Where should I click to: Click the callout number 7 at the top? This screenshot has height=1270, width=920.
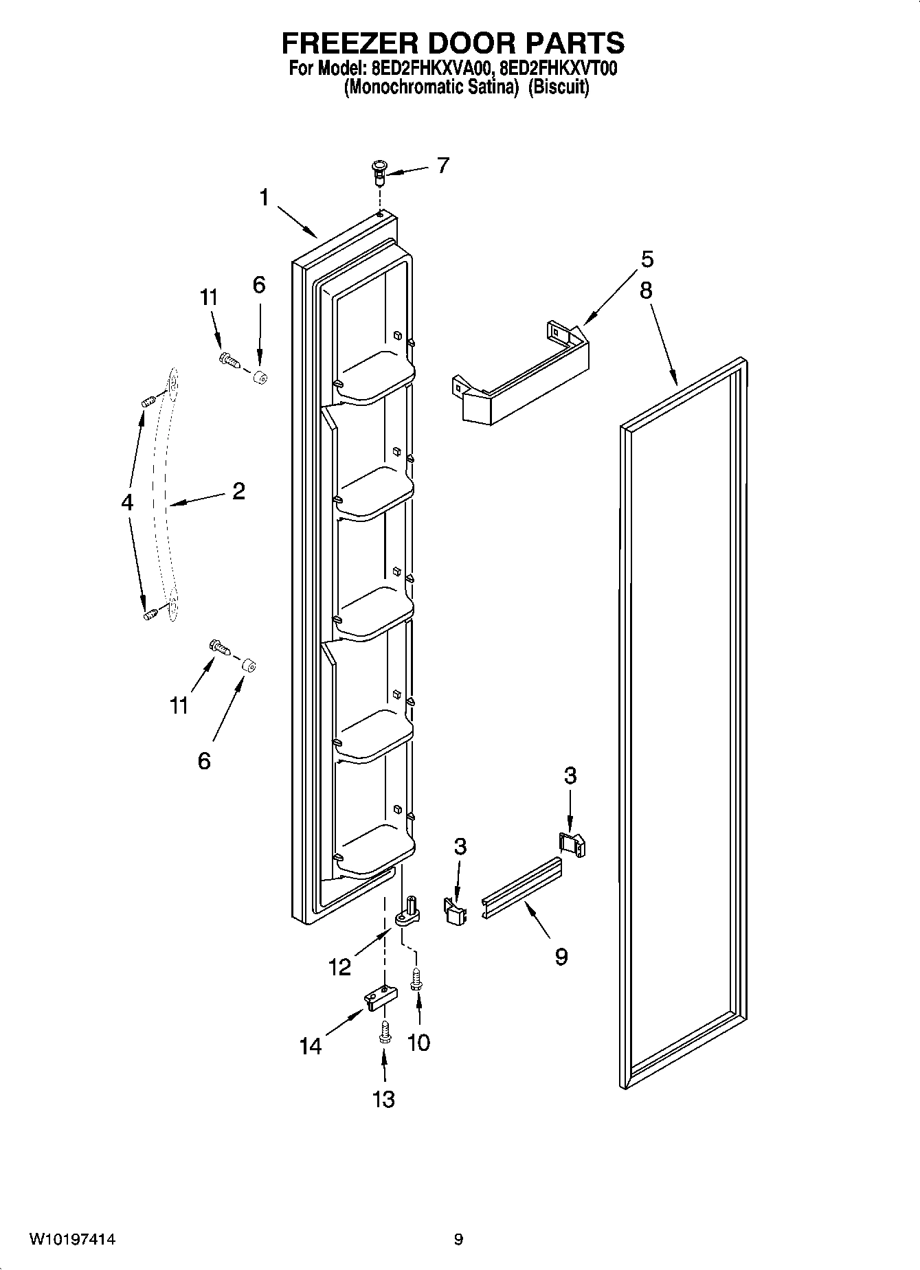pyautogui.click(x=443, y=166)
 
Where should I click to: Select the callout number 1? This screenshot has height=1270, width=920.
pyautogui.click(x=264, y=197)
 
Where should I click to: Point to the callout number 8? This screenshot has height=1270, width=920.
pyautogui.click(x=646, y=291)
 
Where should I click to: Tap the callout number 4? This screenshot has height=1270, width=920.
pyautogui.click(x=126, y=503)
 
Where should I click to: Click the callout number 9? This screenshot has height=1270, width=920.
pyautogui.click(x=561, y=956)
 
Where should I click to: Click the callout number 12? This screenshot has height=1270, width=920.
pyautogui.click(x=339, y=966)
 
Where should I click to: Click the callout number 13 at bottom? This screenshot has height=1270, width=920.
pyautogui.click(x=383, y=1099)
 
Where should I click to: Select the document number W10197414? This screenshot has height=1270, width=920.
pyautogui.click(x=72, y=1240)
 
